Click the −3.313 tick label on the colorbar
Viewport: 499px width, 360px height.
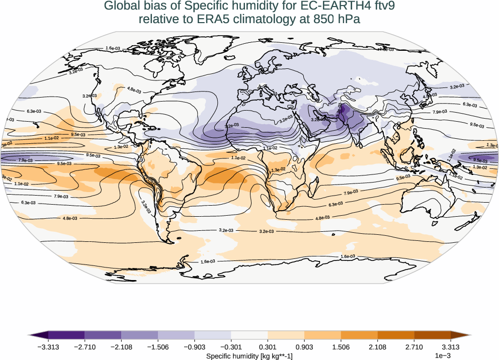(x=48, y=347)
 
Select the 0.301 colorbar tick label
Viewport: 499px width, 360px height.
(x=268, y=347)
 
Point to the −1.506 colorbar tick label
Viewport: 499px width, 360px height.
(x=158, y=347)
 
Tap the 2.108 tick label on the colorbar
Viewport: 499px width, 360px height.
(x=377, y=347)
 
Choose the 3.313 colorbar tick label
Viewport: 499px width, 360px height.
(x=450, y=347)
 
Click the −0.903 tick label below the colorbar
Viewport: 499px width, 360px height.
(x=195, y=347)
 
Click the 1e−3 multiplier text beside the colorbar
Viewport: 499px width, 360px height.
(x=442, y=356)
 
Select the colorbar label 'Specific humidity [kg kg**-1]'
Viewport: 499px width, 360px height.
(x=249, y=356)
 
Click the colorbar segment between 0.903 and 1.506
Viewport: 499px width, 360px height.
(x=322, y=335)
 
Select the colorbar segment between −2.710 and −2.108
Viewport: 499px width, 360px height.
(x=103, y=335)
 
